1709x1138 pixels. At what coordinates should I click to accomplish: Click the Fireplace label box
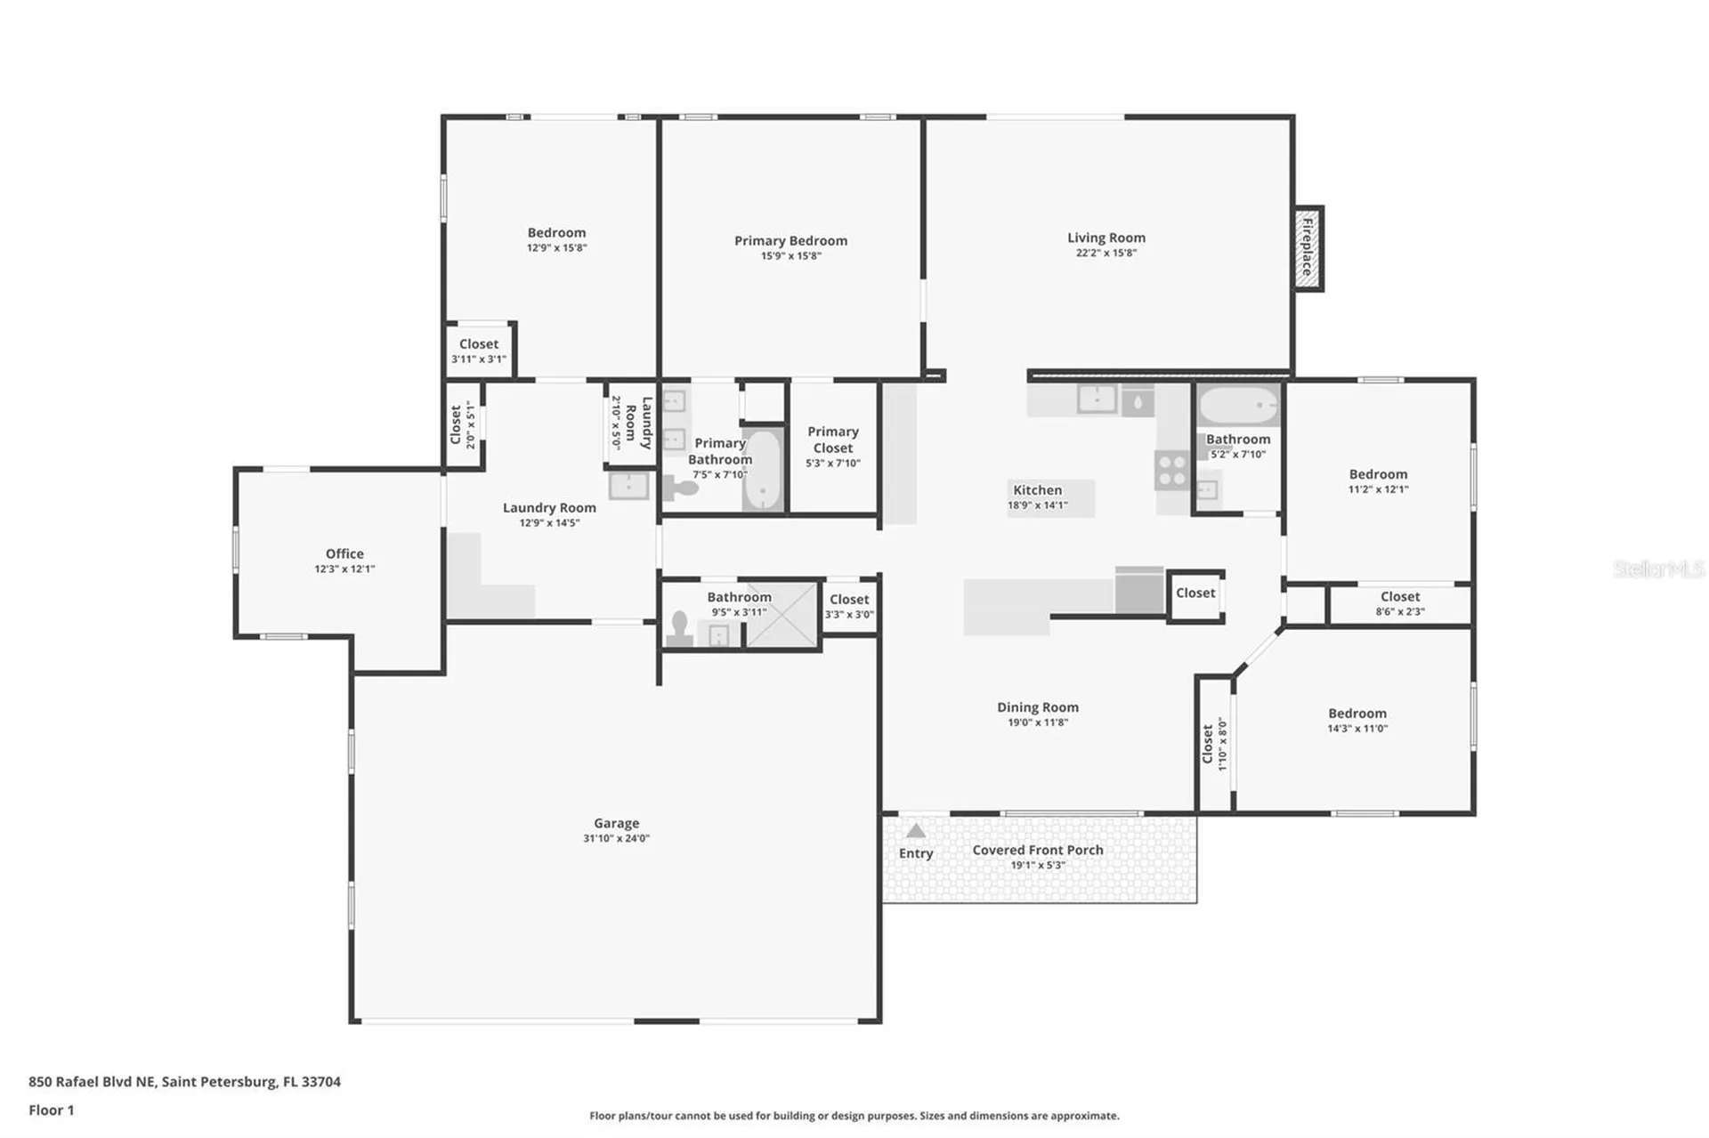[x=1308, y=248]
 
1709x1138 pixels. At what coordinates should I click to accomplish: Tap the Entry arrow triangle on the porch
[x=915, y=831]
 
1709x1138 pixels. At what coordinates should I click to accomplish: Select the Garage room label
[x=617, y=823]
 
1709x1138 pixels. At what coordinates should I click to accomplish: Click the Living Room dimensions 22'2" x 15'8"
[x=1106, y=253]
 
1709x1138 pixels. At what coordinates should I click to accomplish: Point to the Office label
[x=344, y=553]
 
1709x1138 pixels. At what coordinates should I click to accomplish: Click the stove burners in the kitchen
[x=1172, y=470]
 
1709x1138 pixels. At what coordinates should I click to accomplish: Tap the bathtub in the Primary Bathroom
[x=762, y=470]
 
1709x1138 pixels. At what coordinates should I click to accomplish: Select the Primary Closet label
[x=833, y=440]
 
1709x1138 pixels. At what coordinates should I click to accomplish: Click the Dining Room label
[x=1038, y=707]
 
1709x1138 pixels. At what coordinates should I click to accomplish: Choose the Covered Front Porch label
[x=1038, y=850]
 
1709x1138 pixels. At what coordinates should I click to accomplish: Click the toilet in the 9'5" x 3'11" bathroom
[x=680, y=627]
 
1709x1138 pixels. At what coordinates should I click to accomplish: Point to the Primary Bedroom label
[x=790, y=240]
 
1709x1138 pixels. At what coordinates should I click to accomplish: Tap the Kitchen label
[x=1038, y=489]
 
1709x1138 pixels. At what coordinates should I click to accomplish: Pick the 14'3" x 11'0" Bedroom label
[x=1357, y=713]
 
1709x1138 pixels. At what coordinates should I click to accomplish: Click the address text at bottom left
[x=184, y=1081]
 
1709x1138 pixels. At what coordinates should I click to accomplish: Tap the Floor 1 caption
[x=52, y=1110]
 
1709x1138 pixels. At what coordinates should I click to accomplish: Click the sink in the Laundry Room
[x=629, y=486]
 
